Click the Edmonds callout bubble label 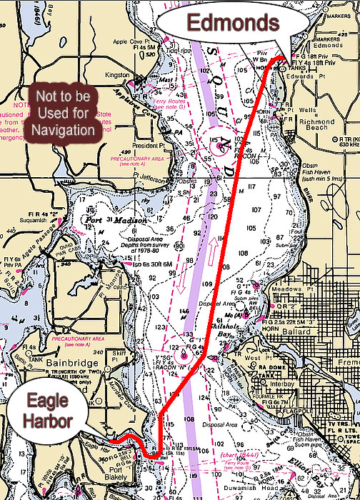tap(232, 23)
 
